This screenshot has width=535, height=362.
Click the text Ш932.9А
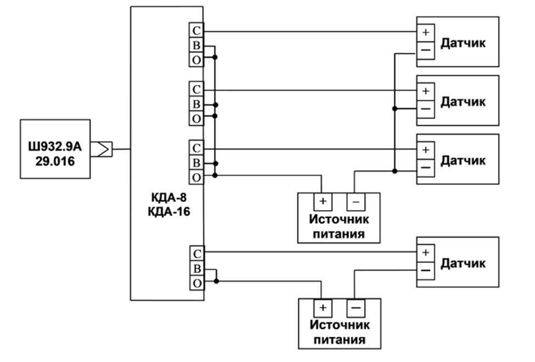click(55, 146)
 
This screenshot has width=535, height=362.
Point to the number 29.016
click(55, 161)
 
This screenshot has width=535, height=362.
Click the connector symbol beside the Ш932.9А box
click(101, 149)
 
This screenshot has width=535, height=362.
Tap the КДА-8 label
click(169, 197)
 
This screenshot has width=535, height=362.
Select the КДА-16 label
click(169, 212)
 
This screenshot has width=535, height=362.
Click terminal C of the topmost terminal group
click(196, 30)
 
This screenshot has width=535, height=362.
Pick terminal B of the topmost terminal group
click(196, 45)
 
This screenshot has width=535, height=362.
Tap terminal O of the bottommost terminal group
click(197, 283)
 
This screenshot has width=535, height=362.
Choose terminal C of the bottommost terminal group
click(197, 253)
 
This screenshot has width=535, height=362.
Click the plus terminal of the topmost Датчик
click(426, 33)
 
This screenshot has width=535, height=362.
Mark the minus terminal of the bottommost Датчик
click(426, 271)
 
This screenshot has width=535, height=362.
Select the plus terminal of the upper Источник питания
click(323, 201)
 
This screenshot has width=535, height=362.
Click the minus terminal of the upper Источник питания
click(356, 201)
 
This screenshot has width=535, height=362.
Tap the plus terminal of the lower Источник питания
click(323, 308)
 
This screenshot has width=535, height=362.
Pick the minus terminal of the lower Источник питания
click(356, 308)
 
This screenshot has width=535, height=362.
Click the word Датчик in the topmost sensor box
click(463, 43)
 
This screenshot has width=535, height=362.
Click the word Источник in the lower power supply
click(340, 325)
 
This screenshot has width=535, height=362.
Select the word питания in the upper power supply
click(339, 234)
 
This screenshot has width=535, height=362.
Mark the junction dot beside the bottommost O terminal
click(216, 281)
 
